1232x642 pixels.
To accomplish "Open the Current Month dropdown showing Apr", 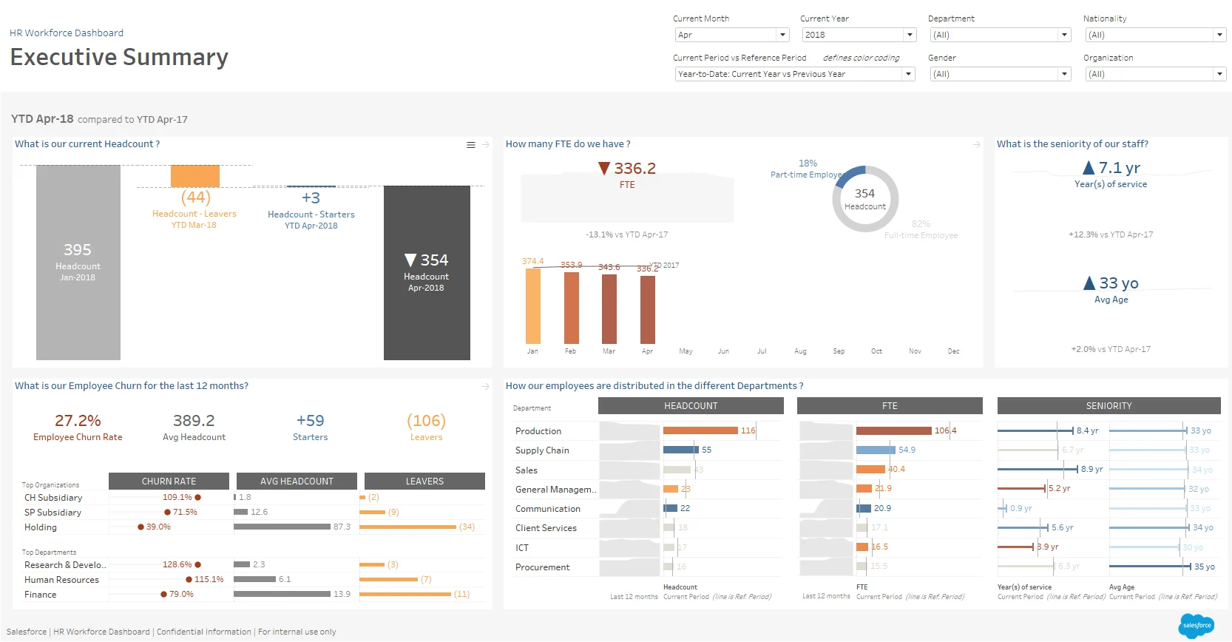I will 731,35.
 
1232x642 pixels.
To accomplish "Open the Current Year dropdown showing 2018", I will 858,35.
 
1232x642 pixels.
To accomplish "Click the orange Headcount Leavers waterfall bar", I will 195,176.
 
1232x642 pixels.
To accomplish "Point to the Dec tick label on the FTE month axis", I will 954,351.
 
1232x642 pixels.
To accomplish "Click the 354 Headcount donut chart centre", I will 865,198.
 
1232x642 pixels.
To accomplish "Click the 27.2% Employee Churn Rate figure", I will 78,421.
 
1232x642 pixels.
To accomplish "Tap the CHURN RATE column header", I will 169,481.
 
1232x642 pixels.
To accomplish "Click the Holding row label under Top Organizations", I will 41,527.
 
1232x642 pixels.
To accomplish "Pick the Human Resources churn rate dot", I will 189,580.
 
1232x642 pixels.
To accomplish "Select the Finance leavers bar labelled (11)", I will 405,594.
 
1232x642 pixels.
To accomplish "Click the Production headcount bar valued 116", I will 700,430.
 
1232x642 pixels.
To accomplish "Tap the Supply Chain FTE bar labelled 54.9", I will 876,450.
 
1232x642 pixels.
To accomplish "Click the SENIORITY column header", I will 1109,406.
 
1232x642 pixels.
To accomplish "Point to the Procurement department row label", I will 542,567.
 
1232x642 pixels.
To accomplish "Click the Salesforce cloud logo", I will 1196,626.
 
